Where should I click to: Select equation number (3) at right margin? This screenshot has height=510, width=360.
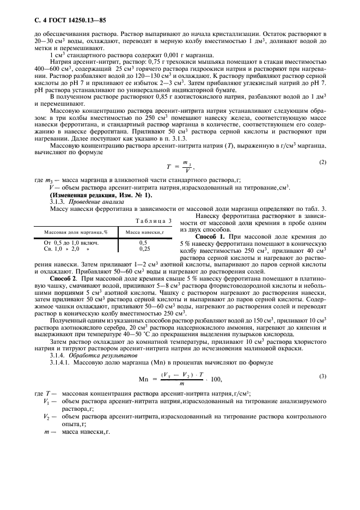pyautogui.click(x=322, y=391)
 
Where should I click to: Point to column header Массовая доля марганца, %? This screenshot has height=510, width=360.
pyautogui.click(x=76, y=232)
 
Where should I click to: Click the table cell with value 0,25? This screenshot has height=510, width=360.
pyautogui.click(x=145, y=248)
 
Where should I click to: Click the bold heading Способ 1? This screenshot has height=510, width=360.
pyautogui.click(x=218, y=238)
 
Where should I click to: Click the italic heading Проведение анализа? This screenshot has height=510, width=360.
pyautogui.click(x=88, y=202)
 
